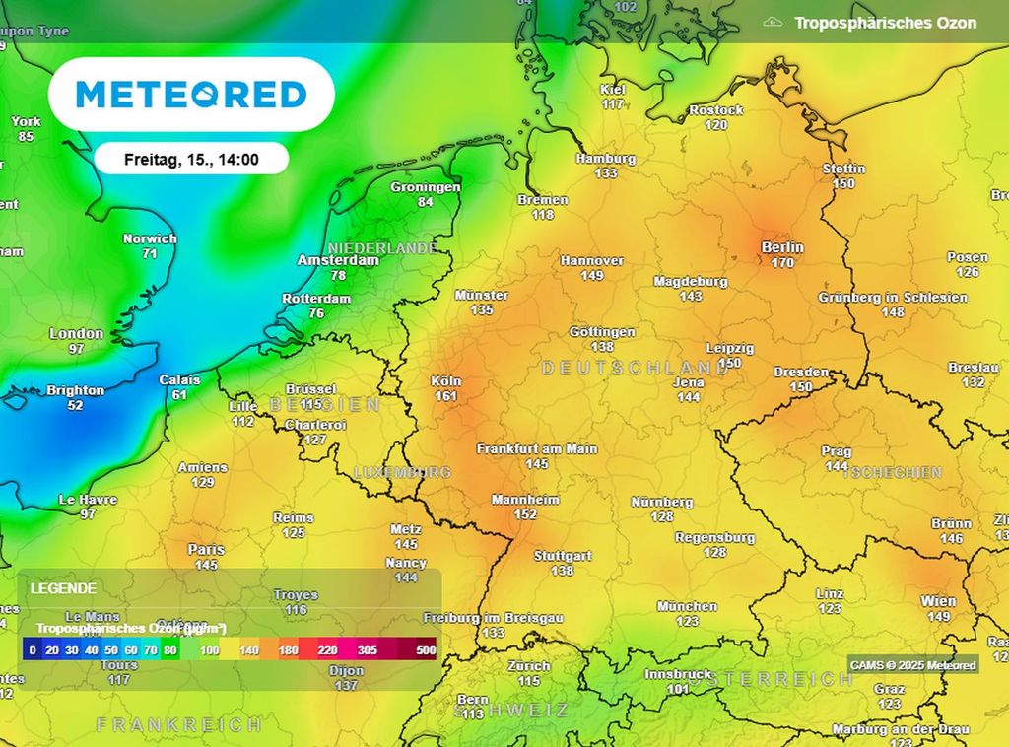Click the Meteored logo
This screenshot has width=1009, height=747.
tap(191, 95)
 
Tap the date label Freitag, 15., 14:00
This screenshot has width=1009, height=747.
tap(191, 159)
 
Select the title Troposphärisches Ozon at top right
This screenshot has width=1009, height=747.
tap(885, 23)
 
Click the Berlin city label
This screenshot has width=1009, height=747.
tap(782, 247)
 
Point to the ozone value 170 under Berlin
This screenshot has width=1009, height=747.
tap(782, 263)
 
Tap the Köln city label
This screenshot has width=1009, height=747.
tap(445, 381)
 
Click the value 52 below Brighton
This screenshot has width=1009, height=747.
tap(75, 405)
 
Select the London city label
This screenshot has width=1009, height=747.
tap(76, 334)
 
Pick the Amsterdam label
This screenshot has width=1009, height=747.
tap(338, 261)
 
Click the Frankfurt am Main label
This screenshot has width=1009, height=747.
tap(537, 448)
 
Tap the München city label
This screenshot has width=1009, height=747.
tap(687, 606)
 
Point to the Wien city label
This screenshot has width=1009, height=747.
tap(938, 601)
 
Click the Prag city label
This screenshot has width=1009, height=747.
tap(837, 451)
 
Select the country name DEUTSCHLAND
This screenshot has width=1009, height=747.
tap(621, 368)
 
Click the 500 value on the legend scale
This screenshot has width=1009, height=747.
tap(426, 650)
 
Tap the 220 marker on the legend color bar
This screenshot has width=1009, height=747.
tap(327, 650)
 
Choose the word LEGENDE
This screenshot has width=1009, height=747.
tap(63, 588)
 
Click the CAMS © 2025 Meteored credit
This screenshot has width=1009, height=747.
tap(912, 665)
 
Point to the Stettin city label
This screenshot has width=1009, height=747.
tap(843, 169)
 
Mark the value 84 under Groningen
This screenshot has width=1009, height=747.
tap(425, 202)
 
